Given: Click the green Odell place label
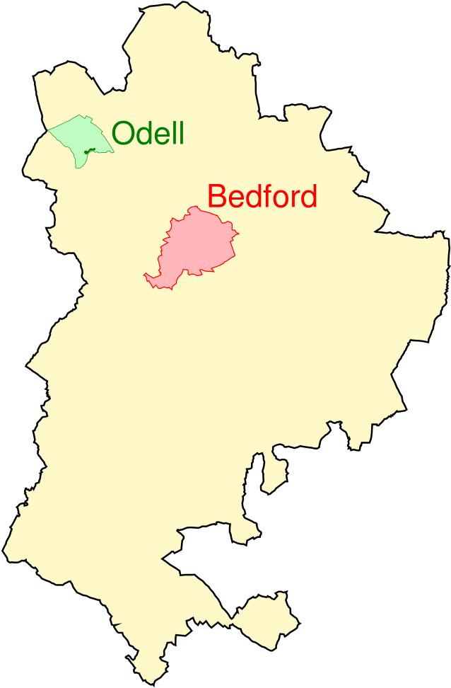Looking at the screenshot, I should tap(148, 133).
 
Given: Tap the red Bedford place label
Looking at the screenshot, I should tap(262, 197).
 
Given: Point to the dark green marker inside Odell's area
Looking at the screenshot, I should tap(88, 151).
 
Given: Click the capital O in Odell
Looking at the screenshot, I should tap(123, 133).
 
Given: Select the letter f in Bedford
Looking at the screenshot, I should tap(266, 196).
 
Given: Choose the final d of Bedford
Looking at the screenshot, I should tap(307, 197).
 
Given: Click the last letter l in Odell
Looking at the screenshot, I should tap(182, 132).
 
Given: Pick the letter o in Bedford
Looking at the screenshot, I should tap(279, 199).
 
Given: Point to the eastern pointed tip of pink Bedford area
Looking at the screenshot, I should tap(238, 233).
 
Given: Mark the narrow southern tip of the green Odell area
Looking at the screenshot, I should tap(78, 166).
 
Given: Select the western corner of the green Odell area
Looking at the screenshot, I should tap(49, 130).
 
